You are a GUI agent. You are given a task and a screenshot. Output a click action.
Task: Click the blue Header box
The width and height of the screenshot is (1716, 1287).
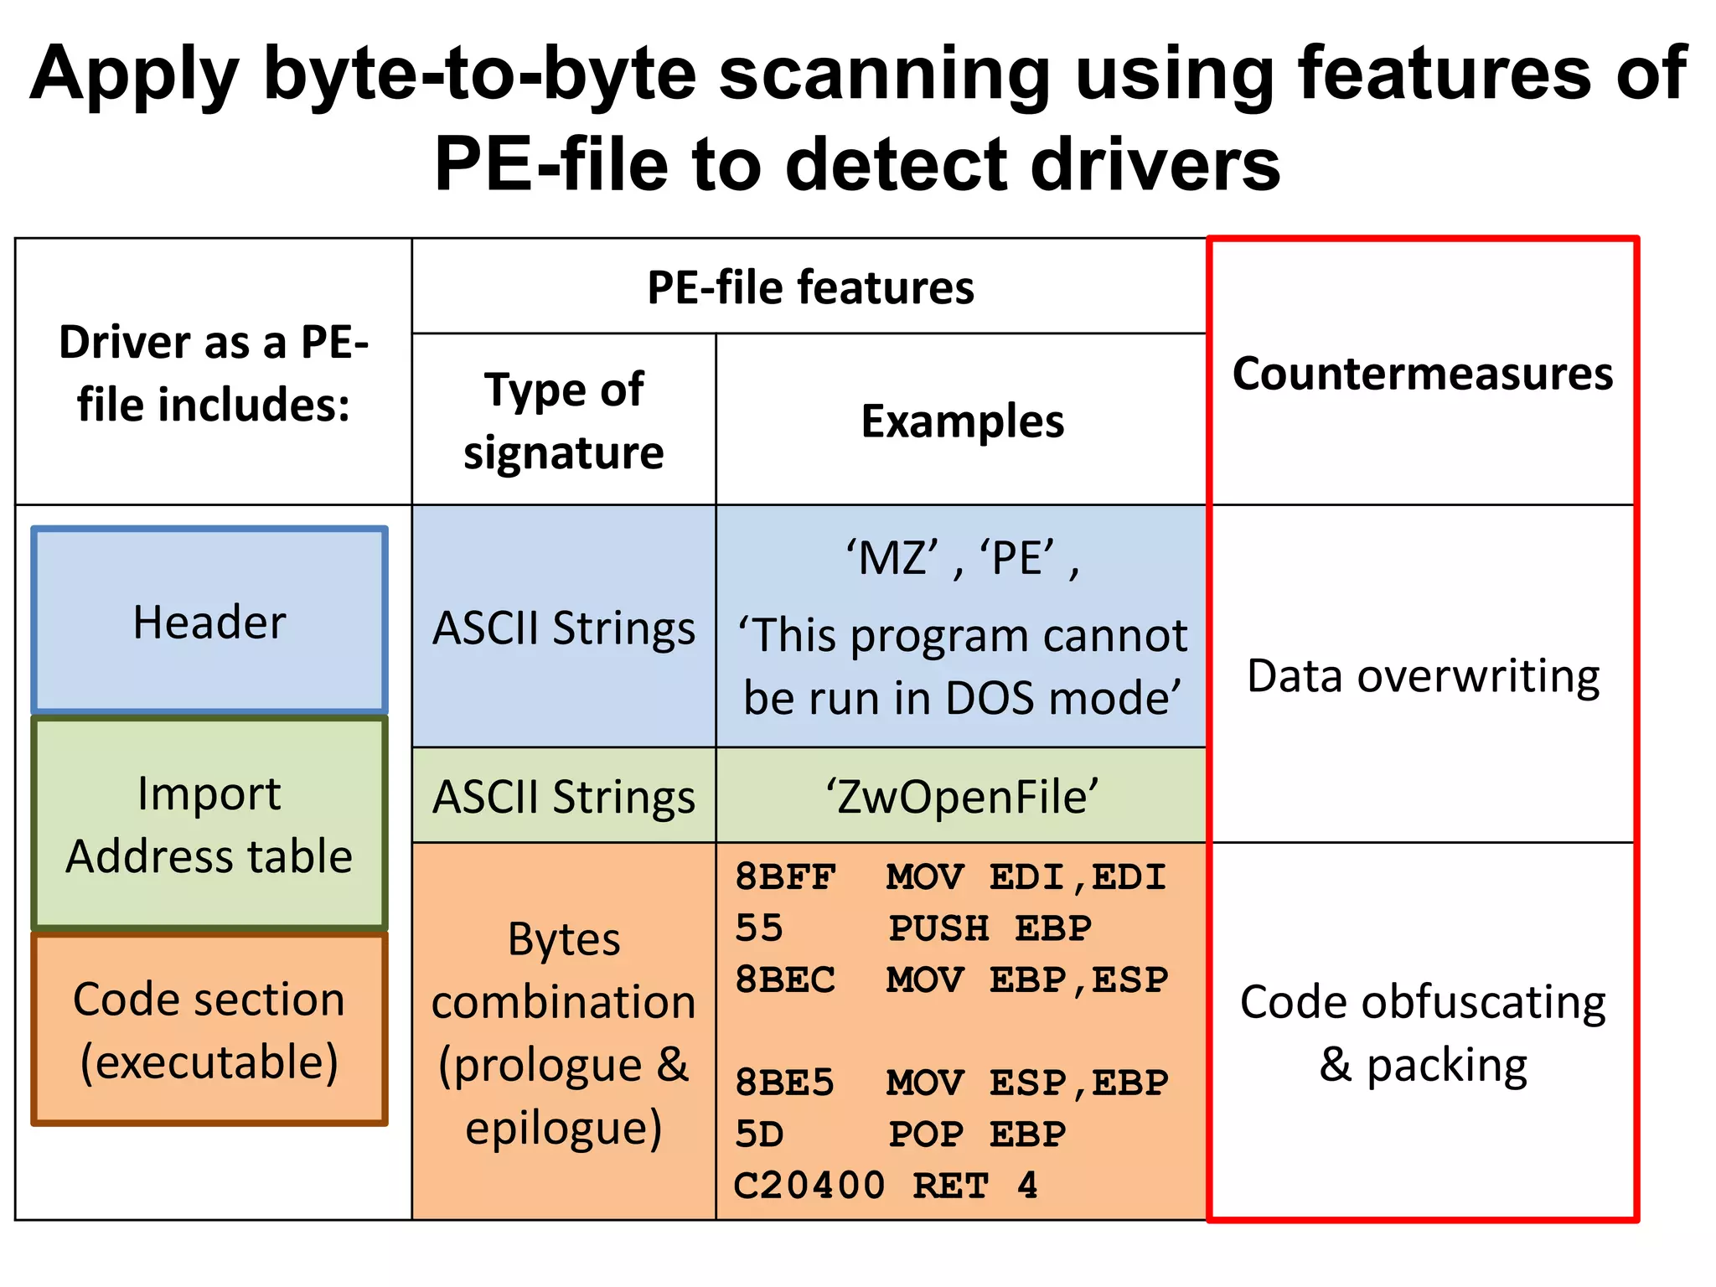pyautogui.click(x=209, y=621)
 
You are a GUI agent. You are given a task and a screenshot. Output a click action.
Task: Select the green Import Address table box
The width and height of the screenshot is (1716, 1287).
pyautogui.click(x=209, y=824)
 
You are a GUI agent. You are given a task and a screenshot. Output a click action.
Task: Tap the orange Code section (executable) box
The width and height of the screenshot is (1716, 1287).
pyautogui.click(x=209, y=1030)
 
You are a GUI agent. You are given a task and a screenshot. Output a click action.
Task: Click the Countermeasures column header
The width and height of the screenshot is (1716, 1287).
pyautogui.click(x=1422, y=373)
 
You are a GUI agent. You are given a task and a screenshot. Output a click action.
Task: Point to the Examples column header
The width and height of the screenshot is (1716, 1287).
pyautogui.click(x=962, y=421)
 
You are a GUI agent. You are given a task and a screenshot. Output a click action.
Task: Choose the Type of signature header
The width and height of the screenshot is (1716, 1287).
pyautogui.click(x=564, y=421)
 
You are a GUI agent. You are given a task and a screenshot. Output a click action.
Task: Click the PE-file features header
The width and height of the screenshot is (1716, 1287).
pyautogui.click(x=810, y=287)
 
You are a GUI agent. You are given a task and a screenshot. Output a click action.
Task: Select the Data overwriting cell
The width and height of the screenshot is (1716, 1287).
pyautogui.click(x=1422, y=675)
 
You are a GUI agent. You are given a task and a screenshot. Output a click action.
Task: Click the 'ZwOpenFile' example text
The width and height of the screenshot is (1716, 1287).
pyautogui.click(x=962, y=796)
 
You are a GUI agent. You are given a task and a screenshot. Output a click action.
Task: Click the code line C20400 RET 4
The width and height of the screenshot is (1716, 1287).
pyautogui.click(x=885, y=1186)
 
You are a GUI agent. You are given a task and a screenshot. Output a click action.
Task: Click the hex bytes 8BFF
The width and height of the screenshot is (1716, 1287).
pyautogui.click(x=785, y=877)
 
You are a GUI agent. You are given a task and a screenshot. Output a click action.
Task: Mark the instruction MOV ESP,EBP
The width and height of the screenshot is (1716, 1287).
pyautogui.click(x=1026, y=1083)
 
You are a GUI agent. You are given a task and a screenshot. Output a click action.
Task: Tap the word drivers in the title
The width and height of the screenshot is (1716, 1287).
pyautogui.click(x=1155, y=164)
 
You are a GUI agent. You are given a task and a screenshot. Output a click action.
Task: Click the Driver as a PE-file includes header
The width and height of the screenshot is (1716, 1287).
pyautogui.click(x=213, y=373)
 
